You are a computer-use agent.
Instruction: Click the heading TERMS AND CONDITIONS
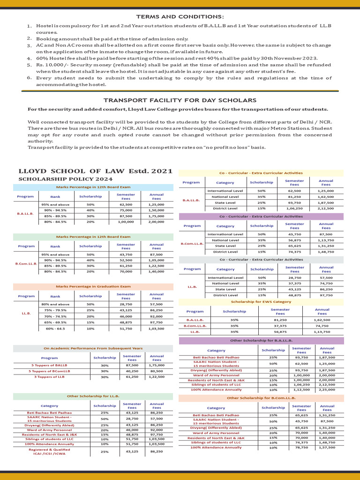[180, 16]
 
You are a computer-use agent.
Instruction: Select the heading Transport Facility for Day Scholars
[180, 100]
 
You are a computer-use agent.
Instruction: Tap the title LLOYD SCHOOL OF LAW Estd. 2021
[95, 171]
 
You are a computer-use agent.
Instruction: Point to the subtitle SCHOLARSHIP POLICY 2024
[65, 179]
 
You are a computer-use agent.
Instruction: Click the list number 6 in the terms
[29, 77]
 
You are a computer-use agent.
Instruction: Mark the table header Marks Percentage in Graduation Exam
[93, 286]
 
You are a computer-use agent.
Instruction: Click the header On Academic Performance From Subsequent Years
[93, 348]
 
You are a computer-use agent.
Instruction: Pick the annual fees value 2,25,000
[326, 390]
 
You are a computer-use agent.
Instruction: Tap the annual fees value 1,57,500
[326, 448]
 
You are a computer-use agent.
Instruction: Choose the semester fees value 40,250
[132, 371]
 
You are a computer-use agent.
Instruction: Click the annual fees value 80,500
[156, 371]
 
